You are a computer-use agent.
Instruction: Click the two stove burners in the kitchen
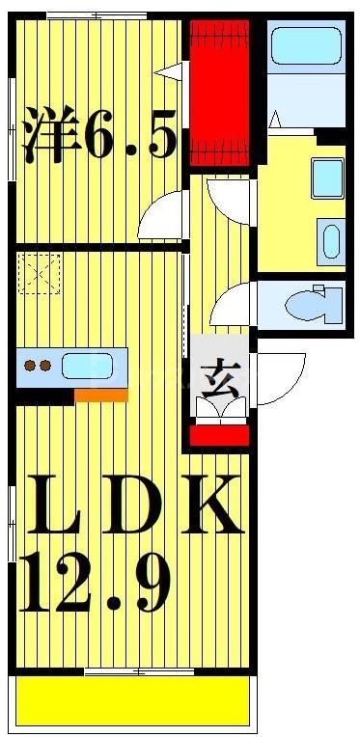click(x=38, y=366)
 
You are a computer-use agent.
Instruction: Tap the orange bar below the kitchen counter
click(x=100, y=395)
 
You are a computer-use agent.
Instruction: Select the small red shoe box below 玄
click(x=220, y=435)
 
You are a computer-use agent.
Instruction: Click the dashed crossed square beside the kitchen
click(x=40, y=273)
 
